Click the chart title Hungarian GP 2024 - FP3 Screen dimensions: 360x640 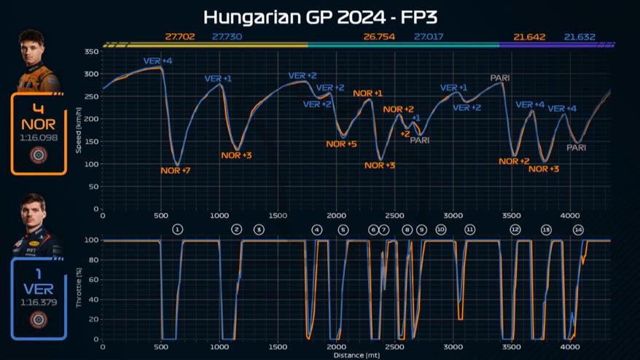(x=320, y=16)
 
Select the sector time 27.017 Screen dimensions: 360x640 (x=429, y=36)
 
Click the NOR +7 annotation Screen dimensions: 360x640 (x=175, y=171)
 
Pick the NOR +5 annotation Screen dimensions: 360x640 (x=341, y=144)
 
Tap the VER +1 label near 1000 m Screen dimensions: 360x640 (x=217, y=79)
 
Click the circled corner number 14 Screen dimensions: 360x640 (x=579, y=230)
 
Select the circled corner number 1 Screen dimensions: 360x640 (x=177, y=230)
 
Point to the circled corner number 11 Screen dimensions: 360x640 (x=470, y=230)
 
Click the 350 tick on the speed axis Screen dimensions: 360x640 (x=91, y=52)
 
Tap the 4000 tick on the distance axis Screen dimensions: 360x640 (x=569, y=216)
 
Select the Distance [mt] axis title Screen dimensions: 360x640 (x=357, y=355)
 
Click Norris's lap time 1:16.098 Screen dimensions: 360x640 (x=39, y=137)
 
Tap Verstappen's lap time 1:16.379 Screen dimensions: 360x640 (x=39, y=302)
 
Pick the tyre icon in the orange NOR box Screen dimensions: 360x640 (x=39, y=155)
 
